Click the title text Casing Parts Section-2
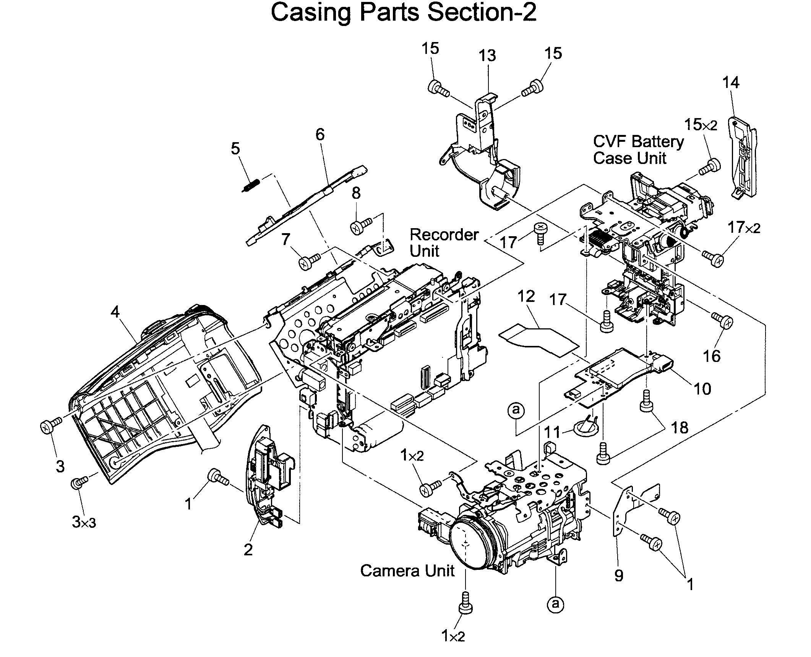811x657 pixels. pos(404,13)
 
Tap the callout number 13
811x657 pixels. pos(487,56)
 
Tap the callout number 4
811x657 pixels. pos(115,311)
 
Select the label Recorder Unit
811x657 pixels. pos(443,243)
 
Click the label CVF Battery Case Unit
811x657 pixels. pos(637,149)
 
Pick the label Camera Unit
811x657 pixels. pos(407,571)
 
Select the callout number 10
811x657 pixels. pos(702,389)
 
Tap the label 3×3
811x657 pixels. pos(84,522)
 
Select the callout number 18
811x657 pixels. pos(680,428)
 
